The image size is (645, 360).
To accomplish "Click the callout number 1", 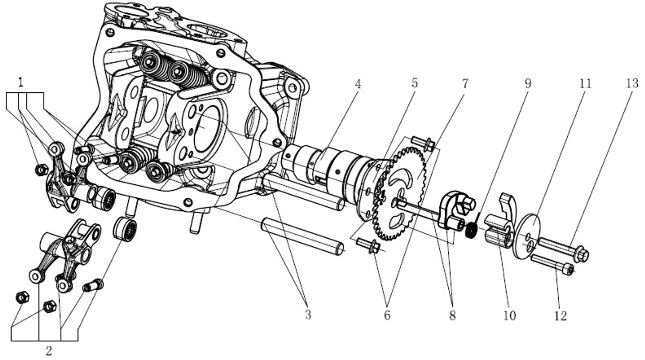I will click(x=21, y=83).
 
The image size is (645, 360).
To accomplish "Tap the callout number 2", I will click(x=48, y=350).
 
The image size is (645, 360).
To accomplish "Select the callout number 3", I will click(x=308, y=314).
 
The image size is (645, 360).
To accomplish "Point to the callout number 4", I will click(x=358, y=84).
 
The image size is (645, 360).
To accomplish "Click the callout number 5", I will click(x=414, y=83).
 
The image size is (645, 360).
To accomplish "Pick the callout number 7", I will click(x=465, y=84).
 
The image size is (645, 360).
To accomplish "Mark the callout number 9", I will click(x=528, y=83).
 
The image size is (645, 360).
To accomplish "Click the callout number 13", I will click(x=632, y=83).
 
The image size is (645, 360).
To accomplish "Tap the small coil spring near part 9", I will click(x=470, y=231).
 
